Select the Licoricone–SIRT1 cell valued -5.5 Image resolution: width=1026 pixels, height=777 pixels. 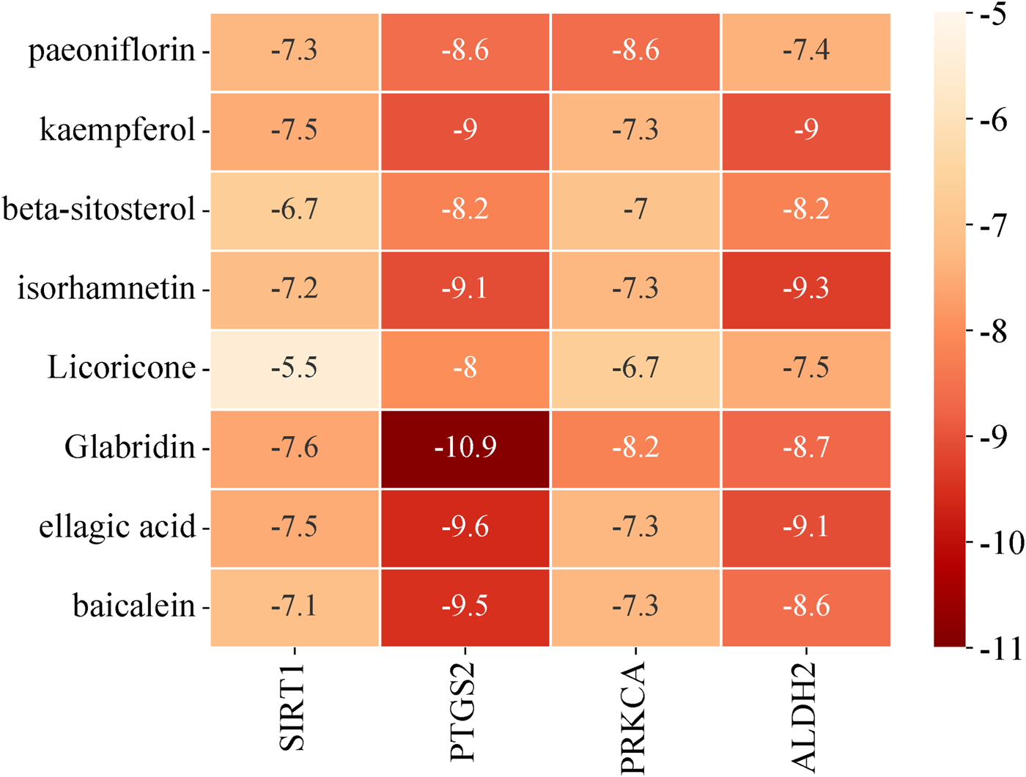pos(295,368)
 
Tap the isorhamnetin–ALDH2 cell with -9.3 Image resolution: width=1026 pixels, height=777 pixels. pos(806,289)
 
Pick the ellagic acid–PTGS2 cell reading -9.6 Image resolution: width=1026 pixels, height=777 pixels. pos(465,527)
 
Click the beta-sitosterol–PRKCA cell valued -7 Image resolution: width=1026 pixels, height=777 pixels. pos(635,210)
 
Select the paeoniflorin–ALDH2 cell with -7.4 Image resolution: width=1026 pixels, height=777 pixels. pos(806,51)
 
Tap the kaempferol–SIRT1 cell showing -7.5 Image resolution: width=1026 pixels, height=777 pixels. pos(295,130)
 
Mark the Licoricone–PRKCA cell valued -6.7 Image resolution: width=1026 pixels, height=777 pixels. pos(635,368)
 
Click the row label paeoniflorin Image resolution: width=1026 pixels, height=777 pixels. pos(111,51)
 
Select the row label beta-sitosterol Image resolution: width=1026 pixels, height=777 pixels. pos(99,210)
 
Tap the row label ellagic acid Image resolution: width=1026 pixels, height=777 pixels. pos(117,527)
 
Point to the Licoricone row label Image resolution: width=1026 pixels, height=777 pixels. pos(122,368)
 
